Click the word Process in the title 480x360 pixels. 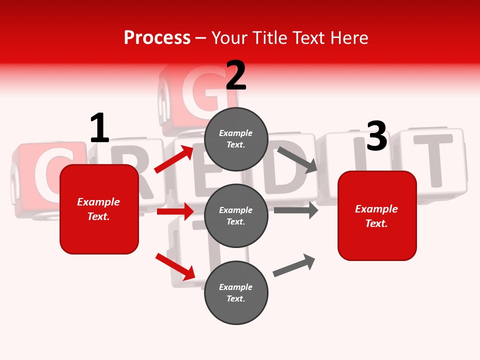pyautogui.click(x=157, y=38)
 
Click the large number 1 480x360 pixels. pyautogui.click(x=99, y=128)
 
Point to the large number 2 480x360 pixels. pyautogui.click(x=236, y=75)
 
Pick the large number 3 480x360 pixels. pyautogui.click(x=376, y=136)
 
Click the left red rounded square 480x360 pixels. pyautogui.click(x=99, y=209)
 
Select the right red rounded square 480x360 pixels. pyautogui.click(x=377, y=215)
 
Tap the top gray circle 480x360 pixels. pyautogui.click(x=236, y=139)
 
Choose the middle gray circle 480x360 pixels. pyautogui.click(x=236, y=215)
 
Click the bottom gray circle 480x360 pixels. pyautogui.click(x=236, y=292)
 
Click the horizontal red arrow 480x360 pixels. pyautogui.click(x=175, y=211)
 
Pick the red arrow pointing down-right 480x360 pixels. pyautogui.click(x=175, y=266)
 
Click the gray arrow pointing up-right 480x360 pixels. pyautogui.click(x=294, y=265)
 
